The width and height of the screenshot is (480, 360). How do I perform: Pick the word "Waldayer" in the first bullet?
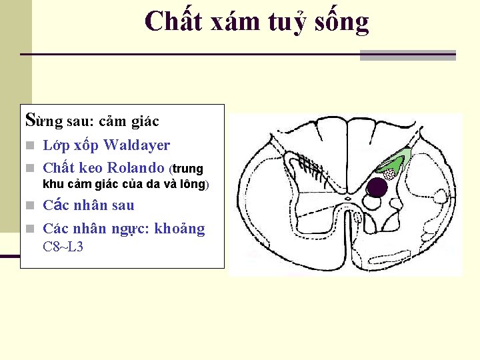click(x=137, y=145)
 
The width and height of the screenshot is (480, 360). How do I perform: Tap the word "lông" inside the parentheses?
click(x=191, y=184)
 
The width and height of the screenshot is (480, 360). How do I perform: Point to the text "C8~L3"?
click(x=63, y=247)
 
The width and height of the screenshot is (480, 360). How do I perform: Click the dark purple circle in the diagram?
click(x=377, y=188)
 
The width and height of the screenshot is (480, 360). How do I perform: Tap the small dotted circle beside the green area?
click(x=389, y=174)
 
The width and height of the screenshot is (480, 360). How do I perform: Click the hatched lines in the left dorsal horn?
click(x=310, y=163)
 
